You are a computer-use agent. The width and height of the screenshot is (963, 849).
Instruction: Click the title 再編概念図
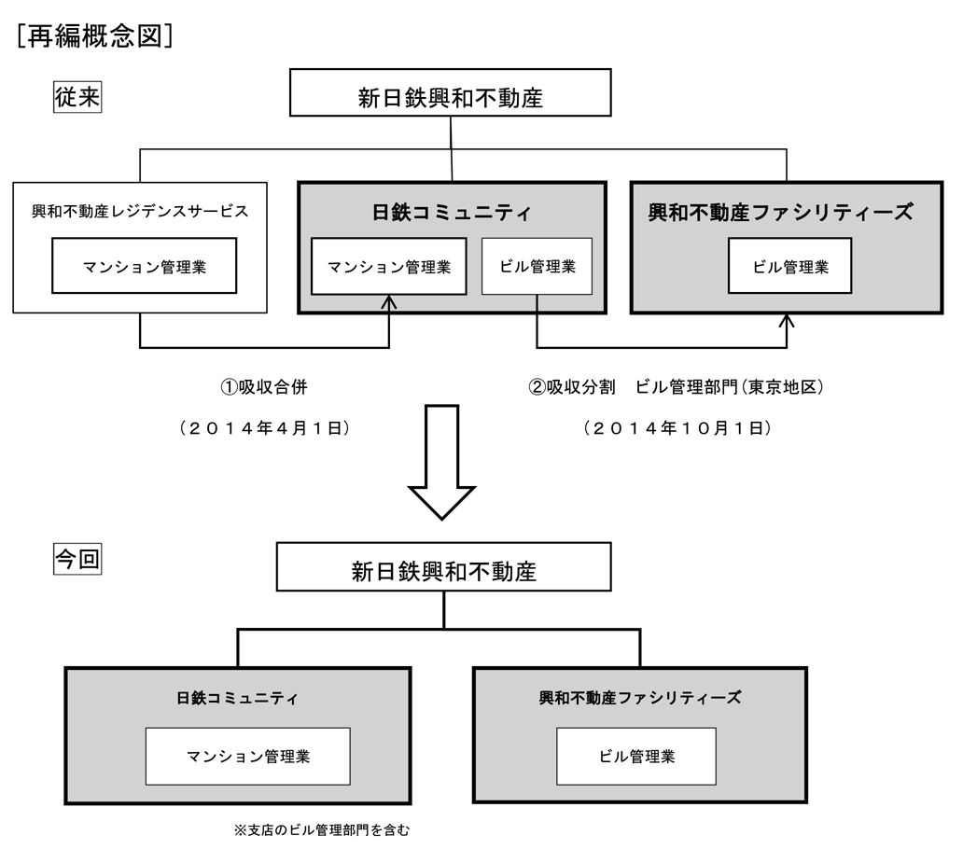[94, 36]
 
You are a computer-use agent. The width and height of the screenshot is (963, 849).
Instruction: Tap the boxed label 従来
[77, 97]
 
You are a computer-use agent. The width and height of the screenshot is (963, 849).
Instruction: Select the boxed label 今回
[77, 559]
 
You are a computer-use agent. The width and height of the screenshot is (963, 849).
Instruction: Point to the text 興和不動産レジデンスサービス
[140, 211]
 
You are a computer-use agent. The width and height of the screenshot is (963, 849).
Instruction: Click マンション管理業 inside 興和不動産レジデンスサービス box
[145, 266]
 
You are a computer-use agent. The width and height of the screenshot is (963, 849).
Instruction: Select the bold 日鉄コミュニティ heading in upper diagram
[452, 213]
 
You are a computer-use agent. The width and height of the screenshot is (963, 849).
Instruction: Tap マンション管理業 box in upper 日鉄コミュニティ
[389, 267]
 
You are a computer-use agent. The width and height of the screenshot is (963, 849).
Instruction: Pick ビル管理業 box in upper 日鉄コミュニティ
[537, 267]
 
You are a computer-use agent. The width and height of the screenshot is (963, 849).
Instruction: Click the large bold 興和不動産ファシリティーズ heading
[781, 213]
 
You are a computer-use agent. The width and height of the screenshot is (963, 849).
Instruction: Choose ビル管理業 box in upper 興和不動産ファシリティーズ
[789, 266]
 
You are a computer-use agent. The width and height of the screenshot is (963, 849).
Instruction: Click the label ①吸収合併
[263, 387]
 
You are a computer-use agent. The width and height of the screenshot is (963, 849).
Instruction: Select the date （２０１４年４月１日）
[264, 428]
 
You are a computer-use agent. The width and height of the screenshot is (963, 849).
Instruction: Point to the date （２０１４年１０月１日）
[677, 428]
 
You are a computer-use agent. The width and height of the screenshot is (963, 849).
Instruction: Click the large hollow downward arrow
[442, 463]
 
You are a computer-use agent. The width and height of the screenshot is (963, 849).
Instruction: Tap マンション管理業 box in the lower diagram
[248, 757]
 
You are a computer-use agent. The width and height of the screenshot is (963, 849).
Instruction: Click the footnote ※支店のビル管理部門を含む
[321, 830]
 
